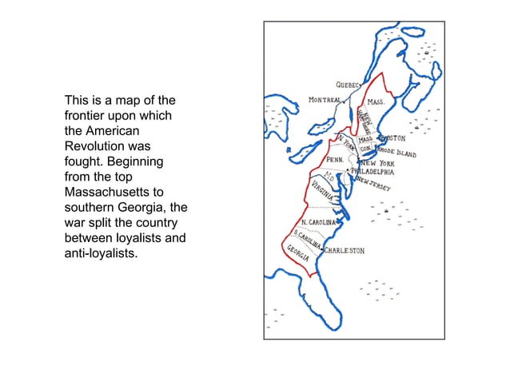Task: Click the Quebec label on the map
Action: click(349, 85)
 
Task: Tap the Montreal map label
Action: click(325, 101)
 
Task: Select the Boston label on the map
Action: click(393, 138)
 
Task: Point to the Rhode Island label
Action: click(400, 151)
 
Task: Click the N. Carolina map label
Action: click(319, 221)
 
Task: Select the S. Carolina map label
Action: click(307, 237)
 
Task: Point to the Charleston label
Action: click(345, 250)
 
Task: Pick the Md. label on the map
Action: click(329, 177)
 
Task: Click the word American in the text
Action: click(112, 131)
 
